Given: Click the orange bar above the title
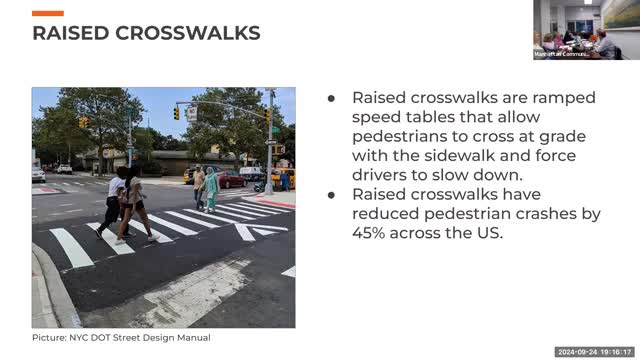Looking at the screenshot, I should (48, 13).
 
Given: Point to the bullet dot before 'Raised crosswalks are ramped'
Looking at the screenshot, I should (332, 98).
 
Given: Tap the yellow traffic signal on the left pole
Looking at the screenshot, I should (83, 121).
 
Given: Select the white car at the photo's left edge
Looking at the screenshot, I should (38, 174).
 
